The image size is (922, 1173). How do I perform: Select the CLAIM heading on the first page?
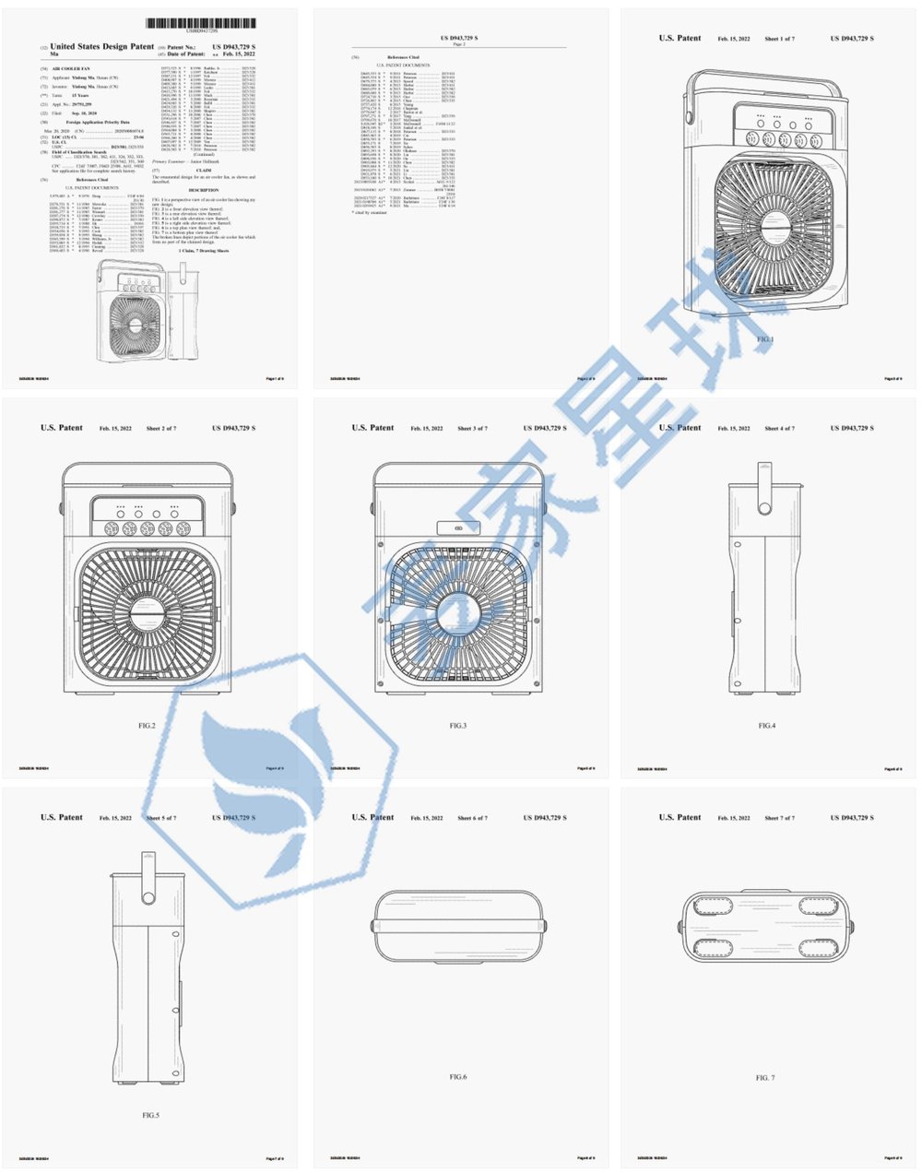point(204,171)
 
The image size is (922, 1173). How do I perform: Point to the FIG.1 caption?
point(765,339)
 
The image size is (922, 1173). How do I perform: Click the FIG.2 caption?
point(147,726)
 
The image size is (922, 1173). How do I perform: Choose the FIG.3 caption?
point(458,726)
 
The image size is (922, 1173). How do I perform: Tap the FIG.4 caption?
point(767,726)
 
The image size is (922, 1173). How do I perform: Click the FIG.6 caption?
point(458,1077)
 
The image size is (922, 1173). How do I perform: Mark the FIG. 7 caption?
point(765,1077)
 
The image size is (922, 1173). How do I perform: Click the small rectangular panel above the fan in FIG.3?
point(458,528)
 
